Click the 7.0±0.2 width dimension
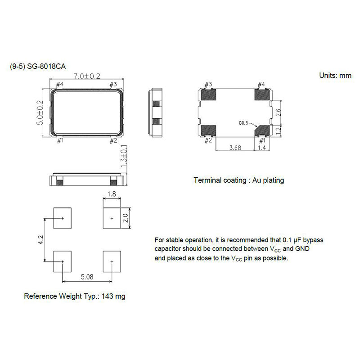click(x=87, y=76)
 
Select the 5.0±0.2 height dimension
click(x=40, y=112)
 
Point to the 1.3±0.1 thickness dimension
click(x=123, y=156)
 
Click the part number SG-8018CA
click(x=46, y=67)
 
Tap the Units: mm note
click(x=335, y=75)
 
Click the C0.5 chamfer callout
click(x=243, y=123)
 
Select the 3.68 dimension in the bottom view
click(x=235, y=148)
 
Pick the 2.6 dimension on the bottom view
click(x=278, y=112)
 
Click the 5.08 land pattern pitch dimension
click(x=87, y=277)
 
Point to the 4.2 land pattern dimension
click(x=40, y=240)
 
